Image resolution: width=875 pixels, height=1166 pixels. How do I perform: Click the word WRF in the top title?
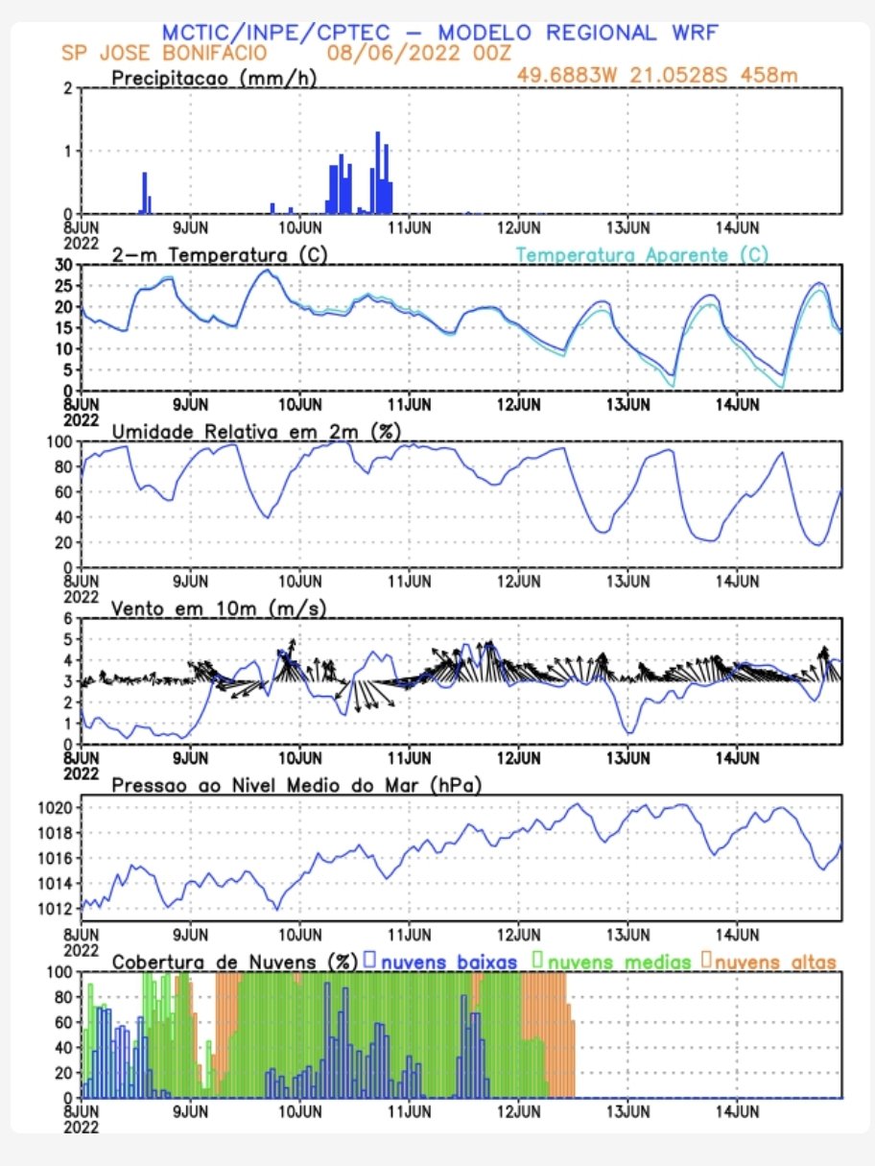click(x=695, y=33)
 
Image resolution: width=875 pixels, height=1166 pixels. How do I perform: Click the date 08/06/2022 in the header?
click(x=393, y=53)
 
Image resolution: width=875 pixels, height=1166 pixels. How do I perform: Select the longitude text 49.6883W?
click(x=566, y=76)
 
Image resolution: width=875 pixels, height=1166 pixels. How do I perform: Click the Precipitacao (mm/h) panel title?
click(x=214, y=79)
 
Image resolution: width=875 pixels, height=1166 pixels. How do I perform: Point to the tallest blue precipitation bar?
click(x=378, y=173)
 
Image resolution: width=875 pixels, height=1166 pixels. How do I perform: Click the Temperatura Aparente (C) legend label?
click(x=642, y=255)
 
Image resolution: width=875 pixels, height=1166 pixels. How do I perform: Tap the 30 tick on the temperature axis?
click(x=63, y=265)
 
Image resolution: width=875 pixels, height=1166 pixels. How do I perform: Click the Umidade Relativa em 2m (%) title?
click(x=256, y=432)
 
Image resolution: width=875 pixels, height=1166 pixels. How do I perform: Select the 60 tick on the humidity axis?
click(x=63, y=492)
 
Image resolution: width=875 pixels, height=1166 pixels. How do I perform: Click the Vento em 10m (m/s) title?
click(x=218, y=608)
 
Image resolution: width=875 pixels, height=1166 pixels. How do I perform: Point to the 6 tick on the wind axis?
click(x=67, y=618)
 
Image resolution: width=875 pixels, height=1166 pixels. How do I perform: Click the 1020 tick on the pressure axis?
click(x=55, y=808)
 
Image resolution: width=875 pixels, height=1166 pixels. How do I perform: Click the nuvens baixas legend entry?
click(x=440, y=962)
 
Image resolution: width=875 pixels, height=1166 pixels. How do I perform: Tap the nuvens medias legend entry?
click(x=612, y=962)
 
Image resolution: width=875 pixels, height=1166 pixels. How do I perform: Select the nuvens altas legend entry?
click(x=769, y=962)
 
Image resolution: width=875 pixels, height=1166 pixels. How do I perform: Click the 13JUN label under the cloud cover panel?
click(x=628, y=1111)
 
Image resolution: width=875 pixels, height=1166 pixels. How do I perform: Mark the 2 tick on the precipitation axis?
click(x=67, y=88)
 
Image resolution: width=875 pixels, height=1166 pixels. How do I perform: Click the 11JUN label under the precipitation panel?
click(x=410, y=227)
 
